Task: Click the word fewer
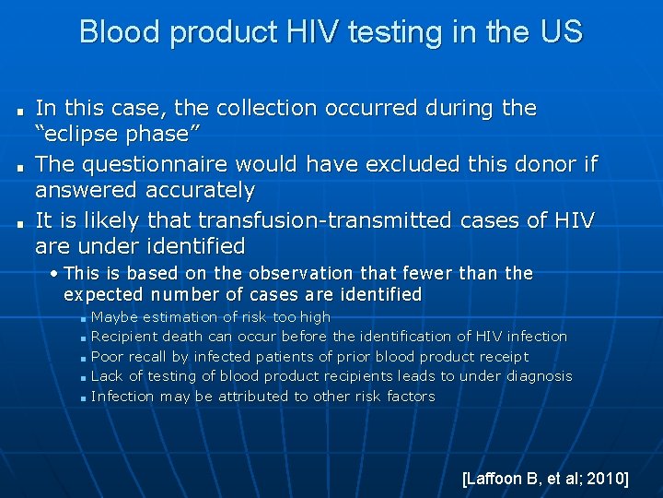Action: (430, 274)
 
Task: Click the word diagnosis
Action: (535, 376)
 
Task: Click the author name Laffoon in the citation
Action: (496, 478)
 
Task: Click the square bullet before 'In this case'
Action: (18, 111)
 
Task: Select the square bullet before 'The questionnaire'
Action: (18, 167)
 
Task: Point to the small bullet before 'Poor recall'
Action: (83, 358)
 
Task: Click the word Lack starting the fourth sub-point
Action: (107, 376)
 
